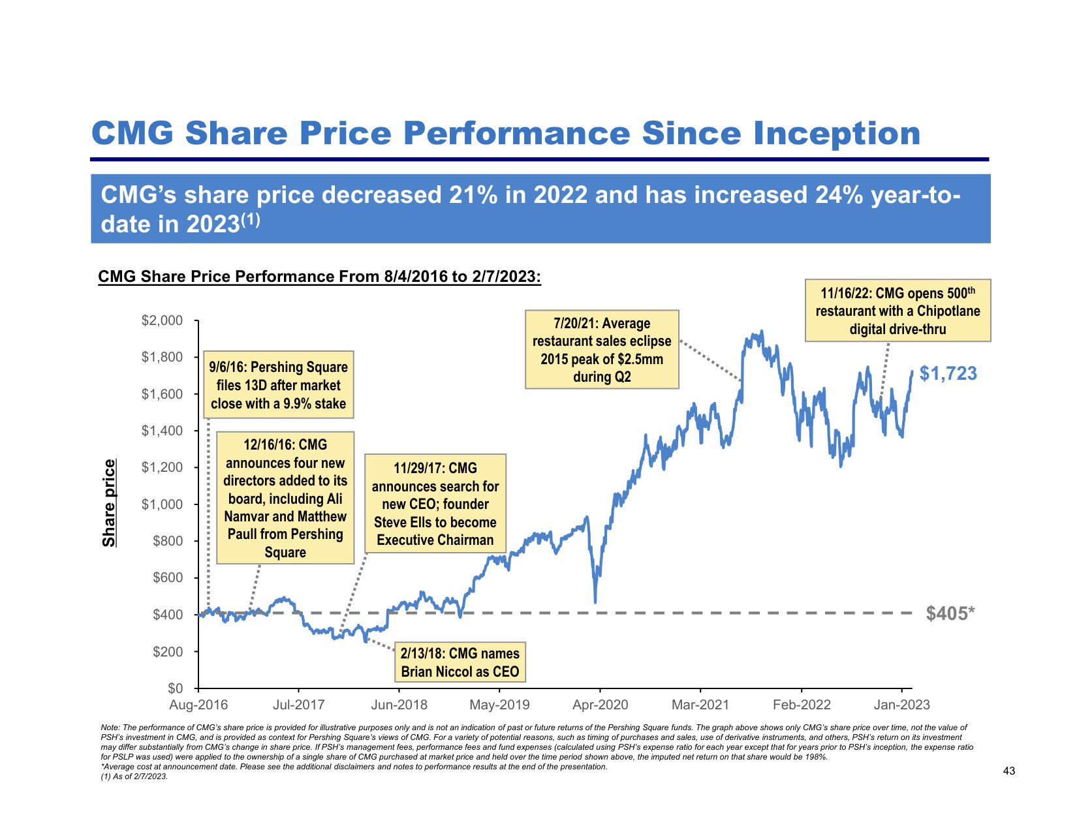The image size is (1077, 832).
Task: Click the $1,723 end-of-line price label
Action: pyautogui.click(x=948, y=373)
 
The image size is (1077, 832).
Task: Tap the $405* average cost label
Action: pyautogui.click(x=950, y=613)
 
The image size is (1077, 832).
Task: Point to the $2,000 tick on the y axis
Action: pyautogui.click(x=163, y=320)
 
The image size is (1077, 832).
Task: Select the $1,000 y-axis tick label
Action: pyautogui.click(x=163, y=504)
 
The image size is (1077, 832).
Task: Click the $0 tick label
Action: pyautogui.click(x=176, y=688)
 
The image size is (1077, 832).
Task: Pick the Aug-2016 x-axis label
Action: pyautogui.click(x=198, y=705)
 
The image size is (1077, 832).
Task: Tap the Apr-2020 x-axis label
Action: pyautogui.click(x=600, y=705)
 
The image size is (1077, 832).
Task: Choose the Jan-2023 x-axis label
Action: pyautogui.click(x=901, y=705)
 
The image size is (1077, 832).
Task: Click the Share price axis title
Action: pyautogui.click(x=109, y=503)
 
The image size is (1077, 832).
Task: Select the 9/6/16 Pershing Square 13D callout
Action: pyautogui.click(x=279, y=385)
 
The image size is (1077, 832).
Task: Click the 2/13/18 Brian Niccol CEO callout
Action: pyautogui.click(x=460, y=662)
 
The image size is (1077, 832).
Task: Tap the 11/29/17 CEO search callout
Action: pyautogui.click(x=435, y=504)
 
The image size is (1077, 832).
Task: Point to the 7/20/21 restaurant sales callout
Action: pyautogui.click(x=602, y=350)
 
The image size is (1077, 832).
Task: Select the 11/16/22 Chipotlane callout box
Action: pyautogui.click(x=897, y=311)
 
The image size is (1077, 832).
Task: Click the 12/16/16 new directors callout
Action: pyautogui.click(x=285, y=498)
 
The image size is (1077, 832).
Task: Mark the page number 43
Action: pyautogui.click(x=1008, y=771)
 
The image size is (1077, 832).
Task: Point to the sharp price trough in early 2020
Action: pyautogui.click(x=595, y=601)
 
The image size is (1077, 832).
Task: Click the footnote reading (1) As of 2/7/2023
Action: pyautogui.click(x=134, y=777)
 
